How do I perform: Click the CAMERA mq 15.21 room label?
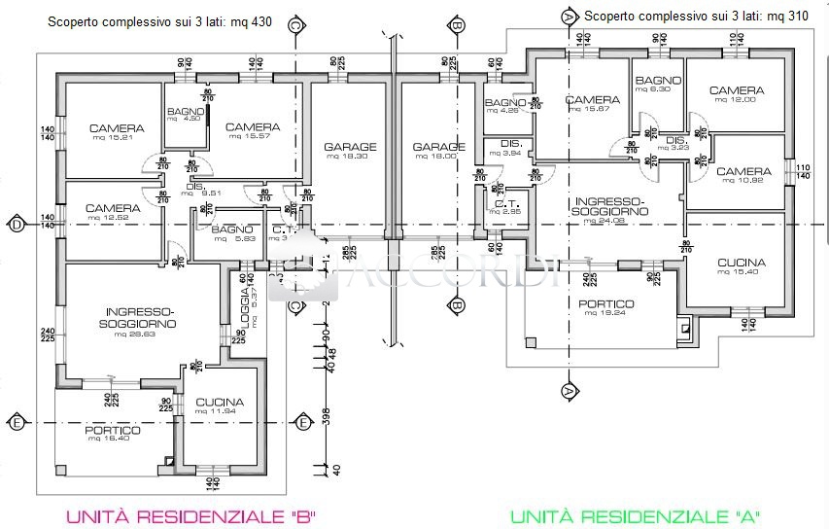click(x=117, y=132)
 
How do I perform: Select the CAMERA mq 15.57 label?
click(x=253, y=131)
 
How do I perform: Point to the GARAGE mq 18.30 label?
click(x=350, y=152)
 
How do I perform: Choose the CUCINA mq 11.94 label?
click(x=220, y=406)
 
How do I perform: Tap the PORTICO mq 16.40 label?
click(x=113, y=434)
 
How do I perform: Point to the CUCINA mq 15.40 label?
click(x=742, y=267)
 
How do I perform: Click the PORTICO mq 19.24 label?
click(x=605, y=309)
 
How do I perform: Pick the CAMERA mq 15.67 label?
click(x=592, y=104)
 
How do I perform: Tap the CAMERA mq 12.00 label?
click(x=736, y=94)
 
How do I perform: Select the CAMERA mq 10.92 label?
click(x=743, y=176)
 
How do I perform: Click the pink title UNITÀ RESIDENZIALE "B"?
click(x=190, y=516)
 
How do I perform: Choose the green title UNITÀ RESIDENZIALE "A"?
click(x=635, y=516)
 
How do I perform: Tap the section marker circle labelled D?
click(x=17, y=226)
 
